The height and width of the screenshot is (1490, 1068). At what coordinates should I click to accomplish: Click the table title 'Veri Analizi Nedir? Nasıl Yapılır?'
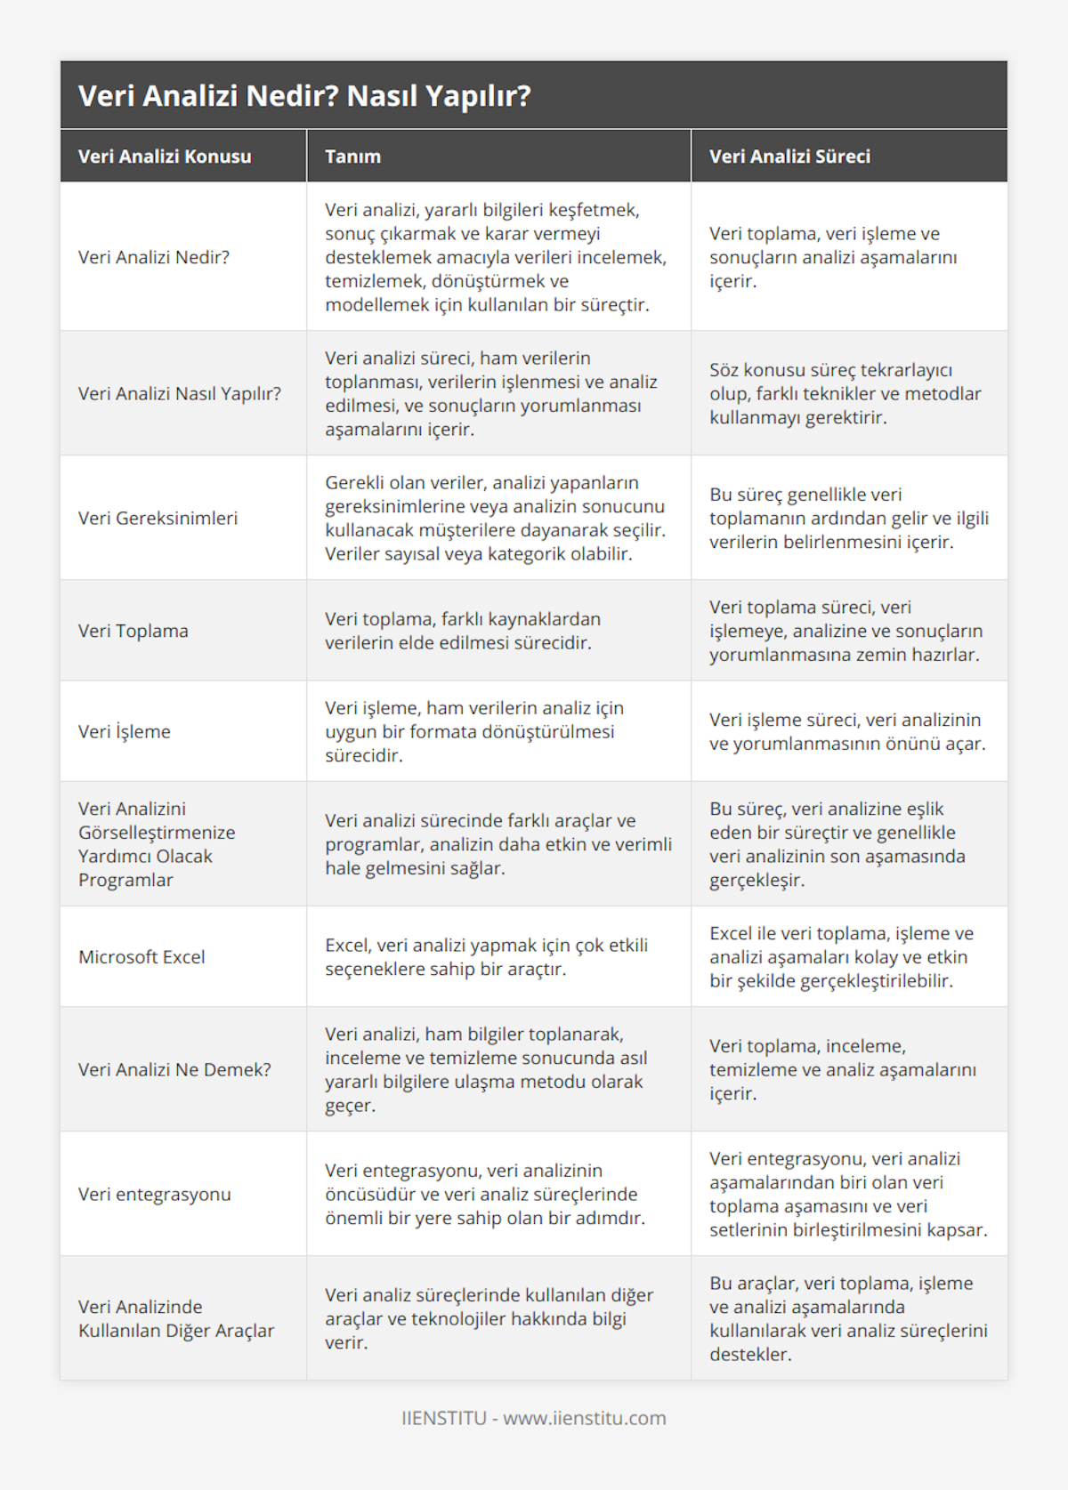point(304,96)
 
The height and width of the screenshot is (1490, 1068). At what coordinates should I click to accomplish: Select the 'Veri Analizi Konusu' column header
point(165,157)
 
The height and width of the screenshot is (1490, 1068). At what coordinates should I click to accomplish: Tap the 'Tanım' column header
point(352,157)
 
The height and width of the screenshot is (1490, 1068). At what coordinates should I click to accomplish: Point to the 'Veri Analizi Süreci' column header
point(789,157)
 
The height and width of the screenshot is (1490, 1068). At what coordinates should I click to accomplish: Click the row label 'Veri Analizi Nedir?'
point(154,257)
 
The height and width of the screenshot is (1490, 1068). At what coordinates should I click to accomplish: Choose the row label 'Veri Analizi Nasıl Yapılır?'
point(180,393)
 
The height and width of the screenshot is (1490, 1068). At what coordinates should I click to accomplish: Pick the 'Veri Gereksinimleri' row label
point(158,518)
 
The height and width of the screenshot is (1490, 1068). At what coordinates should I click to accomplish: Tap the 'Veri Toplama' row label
point(133,631)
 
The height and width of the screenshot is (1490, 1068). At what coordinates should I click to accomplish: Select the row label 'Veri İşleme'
point(125,731)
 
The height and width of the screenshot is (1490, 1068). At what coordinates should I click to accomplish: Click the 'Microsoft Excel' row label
point(142,957)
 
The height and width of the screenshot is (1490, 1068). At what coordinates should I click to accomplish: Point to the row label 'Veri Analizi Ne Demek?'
point(174,1069)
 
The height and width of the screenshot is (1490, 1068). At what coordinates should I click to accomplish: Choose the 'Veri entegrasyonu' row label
point(155,1194)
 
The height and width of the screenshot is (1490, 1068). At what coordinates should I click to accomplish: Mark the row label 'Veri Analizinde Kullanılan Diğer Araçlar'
point(176,1318)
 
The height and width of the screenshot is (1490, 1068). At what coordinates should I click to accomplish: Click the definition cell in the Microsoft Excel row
point(486,957)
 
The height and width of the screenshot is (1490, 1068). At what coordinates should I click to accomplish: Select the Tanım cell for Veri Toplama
point(462,631)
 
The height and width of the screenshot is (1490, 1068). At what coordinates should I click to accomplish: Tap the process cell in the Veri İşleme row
point(846,731)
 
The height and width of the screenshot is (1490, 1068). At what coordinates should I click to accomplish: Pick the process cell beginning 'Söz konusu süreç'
point(845,393)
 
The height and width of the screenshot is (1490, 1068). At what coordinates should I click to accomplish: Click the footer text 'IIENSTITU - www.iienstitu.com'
point(534,1418)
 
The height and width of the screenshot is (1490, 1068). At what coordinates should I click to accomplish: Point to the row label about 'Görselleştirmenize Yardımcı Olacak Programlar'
point(157,844)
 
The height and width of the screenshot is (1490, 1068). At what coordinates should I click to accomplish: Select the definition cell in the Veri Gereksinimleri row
point(495,518)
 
